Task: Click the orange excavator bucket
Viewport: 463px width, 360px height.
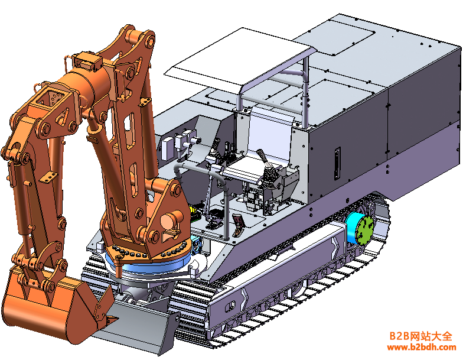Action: [x=56, y=307]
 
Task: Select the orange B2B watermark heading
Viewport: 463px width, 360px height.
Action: [x=420, y=336]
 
